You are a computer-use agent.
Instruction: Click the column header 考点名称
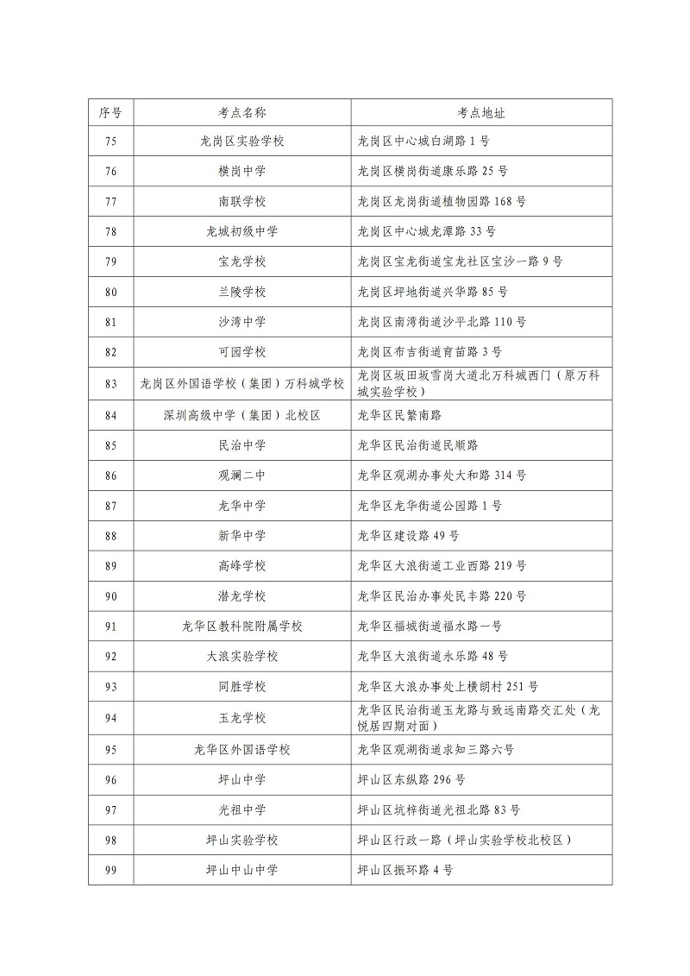(241, 112)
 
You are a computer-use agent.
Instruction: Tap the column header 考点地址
(480, 112)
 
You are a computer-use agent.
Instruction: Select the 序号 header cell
(110, 112)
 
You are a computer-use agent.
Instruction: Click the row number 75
(110, 141)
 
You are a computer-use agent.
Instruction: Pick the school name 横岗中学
(241, 171)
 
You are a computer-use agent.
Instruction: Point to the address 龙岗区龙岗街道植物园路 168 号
(442, 201)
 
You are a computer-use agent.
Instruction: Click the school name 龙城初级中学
(241, 231)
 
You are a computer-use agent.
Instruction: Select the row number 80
(110, 292)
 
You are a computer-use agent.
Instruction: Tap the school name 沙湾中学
(241, 322)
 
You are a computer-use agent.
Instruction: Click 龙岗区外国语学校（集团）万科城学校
(241, 383)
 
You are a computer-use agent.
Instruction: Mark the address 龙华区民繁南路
(399, 415)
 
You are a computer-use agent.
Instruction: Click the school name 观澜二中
(241, 475)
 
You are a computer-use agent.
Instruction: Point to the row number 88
(110, 536)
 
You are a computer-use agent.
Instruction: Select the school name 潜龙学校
(241, 596)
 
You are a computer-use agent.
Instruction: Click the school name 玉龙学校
(241, 718)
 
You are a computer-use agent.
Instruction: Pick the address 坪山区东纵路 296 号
(411, 780)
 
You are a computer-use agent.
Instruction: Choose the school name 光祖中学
(241, 810)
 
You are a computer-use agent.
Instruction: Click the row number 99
(110, 871)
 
